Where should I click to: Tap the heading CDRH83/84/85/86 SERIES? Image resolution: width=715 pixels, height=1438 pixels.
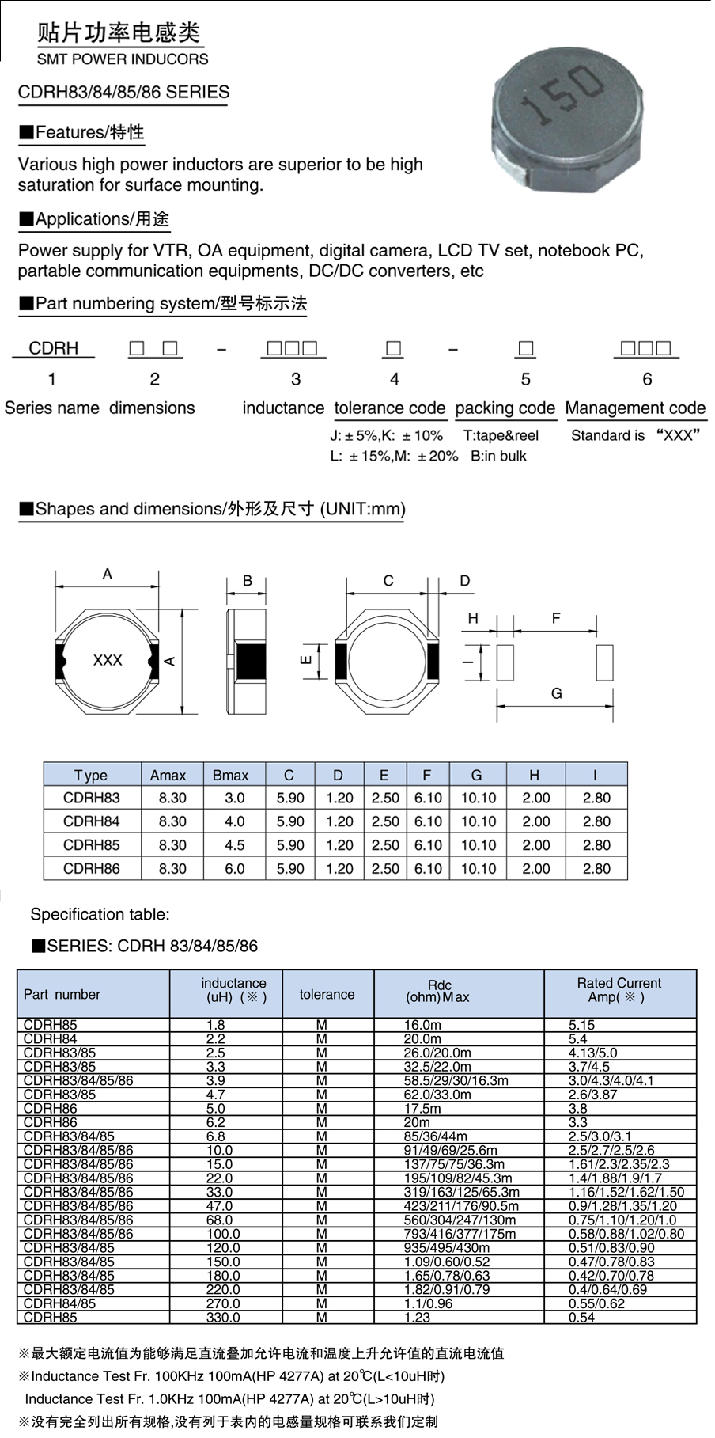[x=123, y=93]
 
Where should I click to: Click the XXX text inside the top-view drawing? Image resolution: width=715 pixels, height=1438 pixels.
[x=108, y=660]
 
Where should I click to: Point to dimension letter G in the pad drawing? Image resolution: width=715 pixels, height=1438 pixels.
[x=556, y=693]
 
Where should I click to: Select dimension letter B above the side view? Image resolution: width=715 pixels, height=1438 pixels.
[x=248, y=581]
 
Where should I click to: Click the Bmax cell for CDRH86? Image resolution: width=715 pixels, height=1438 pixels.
[x=234, y=868]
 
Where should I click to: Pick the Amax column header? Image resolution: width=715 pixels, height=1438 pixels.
[x=168, y=775]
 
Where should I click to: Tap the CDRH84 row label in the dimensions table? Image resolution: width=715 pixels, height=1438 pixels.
[x=92, y=821]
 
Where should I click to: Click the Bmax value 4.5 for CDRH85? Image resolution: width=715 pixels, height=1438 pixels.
[x=234, y=845]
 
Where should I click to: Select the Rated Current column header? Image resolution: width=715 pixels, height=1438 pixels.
[x=619, y=990]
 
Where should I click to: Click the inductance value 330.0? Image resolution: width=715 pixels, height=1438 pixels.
[x=223, y=1318]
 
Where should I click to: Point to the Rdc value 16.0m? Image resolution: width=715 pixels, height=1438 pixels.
[x=422, y=1025]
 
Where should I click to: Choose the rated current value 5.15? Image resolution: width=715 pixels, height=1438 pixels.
[x=581, y=1025]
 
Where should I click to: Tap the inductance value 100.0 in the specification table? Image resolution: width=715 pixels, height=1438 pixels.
[x=223, y=1234]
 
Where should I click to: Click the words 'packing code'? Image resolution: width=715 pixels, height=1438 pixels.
[x=505, y=408]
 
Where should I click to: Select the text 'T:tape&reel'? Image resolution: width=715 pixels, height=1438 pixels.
[x=501, y=435]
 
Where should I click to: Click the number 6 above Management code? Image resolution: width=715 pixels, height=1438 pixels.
[x=647, y=379]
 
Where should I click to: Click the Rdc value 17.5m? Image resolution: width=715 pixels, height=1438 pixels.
[x=422, y=1109]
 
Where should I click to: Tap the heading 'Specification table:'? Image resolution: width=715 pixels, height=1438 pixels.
[x=100, y=914]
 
